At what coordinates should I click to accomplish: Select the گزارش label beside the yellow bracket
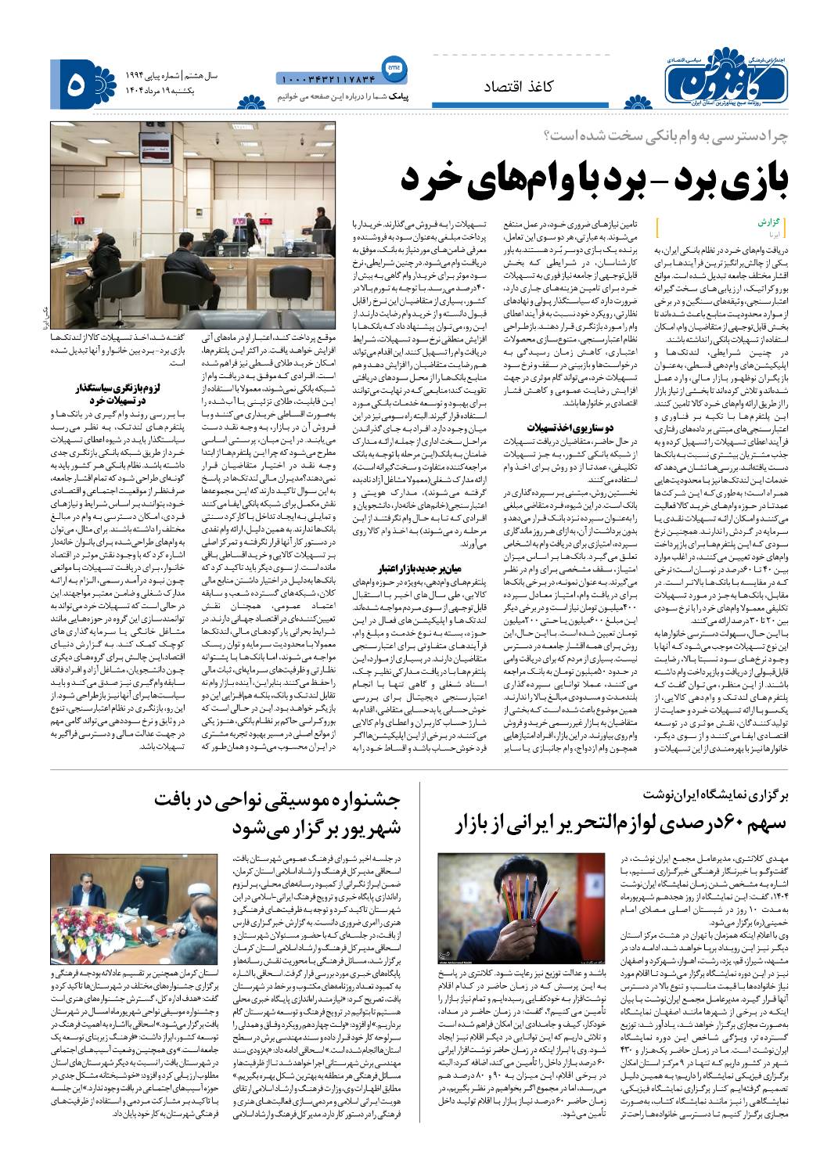769,221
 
